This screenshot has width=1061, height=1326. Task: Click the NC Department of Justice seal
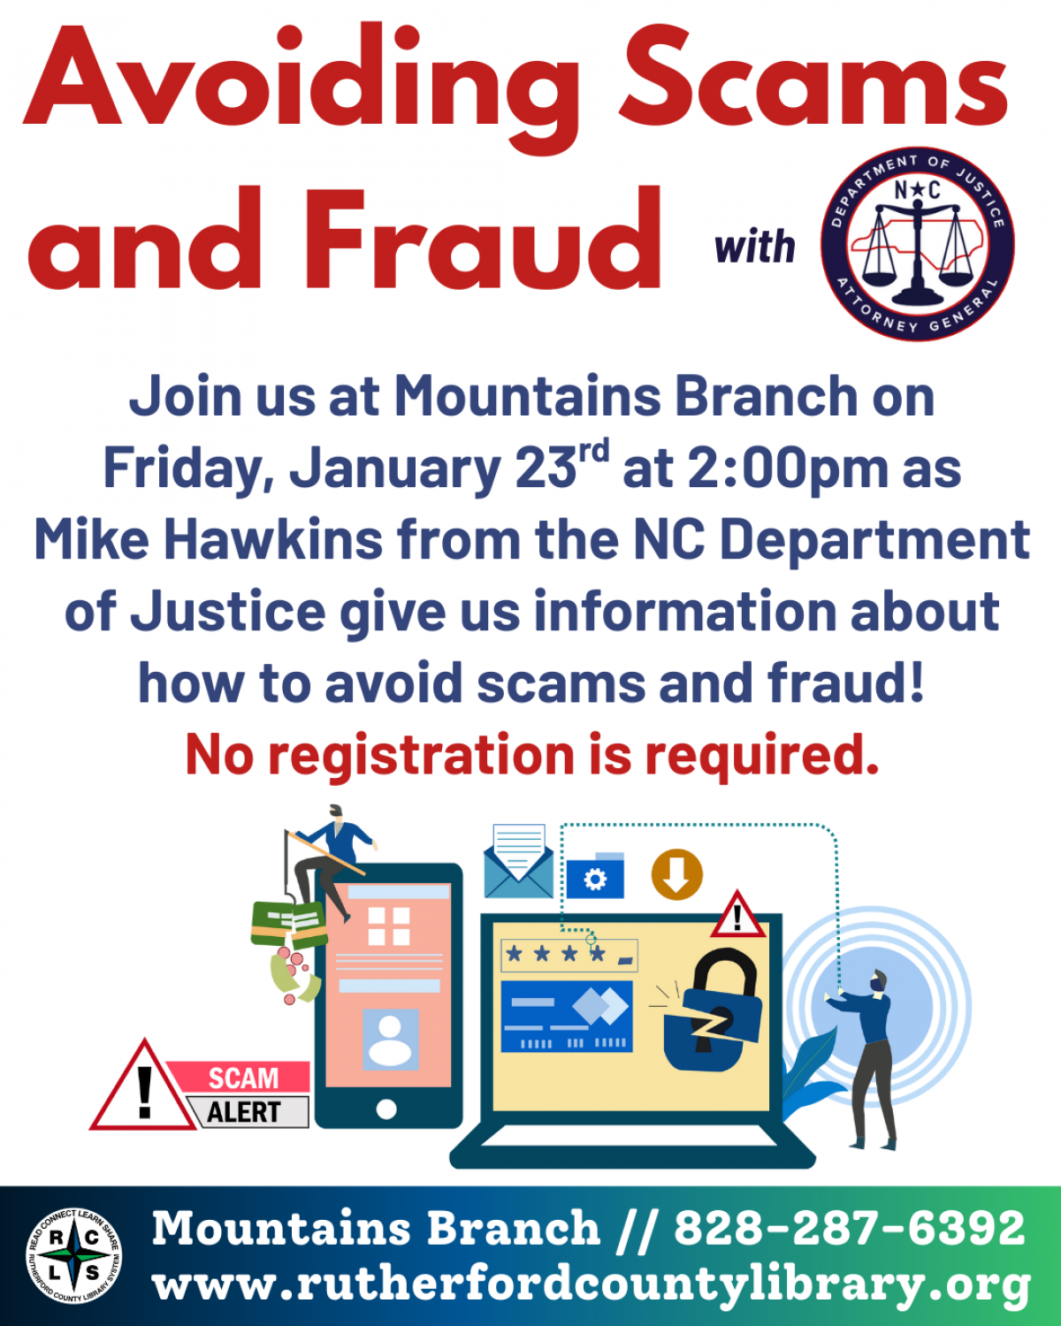click(918, 243)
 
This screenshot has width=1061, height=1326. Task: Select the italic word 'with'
click(754, 247)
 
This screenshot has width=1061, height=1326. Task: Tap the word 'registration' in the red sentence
click(422, 756)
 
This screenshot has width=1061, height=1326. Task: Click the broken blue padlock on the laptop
click(713, 1012)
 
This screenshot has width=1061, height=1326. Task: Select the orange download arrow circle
click(676, 875)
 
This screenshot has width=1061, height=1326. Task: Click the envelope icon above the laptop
click(519, 862)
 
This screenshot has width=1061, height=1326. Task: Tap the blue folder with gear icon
click(595, 876)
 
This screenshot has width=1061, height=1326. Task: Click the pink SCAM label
click(242, 1078)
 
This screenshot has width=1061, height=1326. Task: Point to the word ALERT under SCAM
click(244, 1112)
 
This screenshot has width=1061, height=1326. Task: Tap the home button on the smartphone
click(386, 1109)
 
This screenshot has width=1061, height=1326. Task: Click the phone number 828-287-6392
click(849, 1228)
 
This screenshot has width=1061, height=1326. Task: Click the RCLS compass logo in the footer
click(73, 1256)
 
